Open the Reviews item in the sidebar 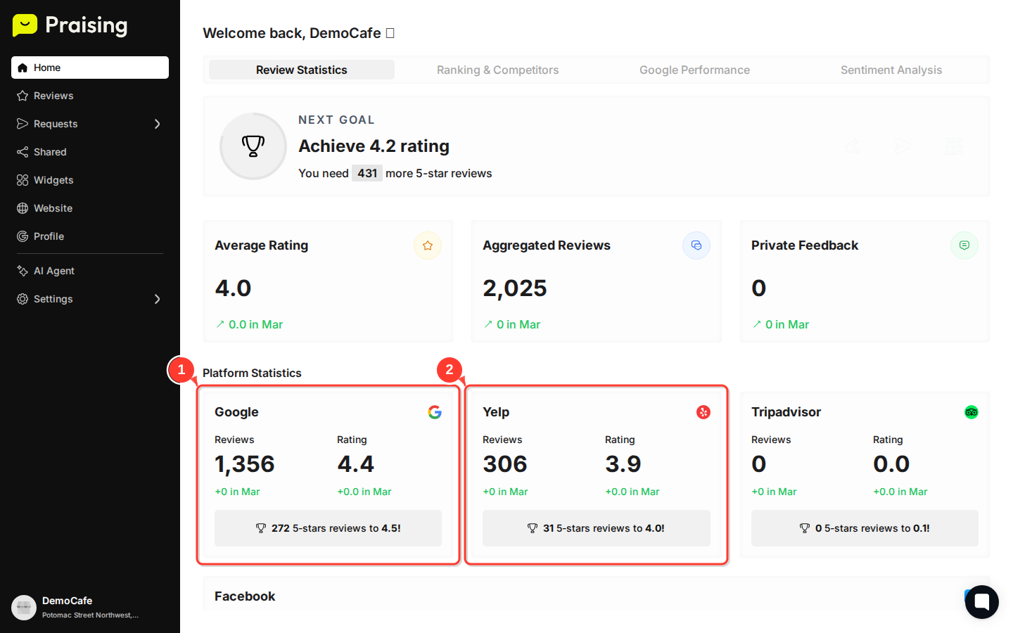click(x=53, y=96)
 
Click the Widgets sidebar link click(x=53, y=180)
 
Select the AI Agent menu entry click(x=53, y=271)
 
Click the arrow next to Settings click(x=157, y=299)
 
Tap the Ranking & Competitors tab click(x=497, y=70)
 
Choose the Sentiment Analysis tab click(x=891, y=70)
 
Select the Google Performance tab click(x=694, y=70)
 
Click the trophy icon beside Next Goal click(x=253, y=146)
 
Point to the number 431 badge click(x=367, y=173)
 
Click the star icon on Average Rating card click(x=428, y=245)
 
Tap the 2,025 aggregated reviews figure click(x=515, y=288)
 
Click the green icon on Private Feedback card click(x=964, y=245)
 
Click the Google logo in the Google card click(x=435, y=412)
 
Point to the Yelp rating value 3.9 click(x=623, y=464)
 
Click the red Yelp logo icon click(x=703, y=412)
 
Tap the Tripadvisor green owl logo click(x=971, y=412)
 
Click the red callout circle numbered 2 click(x=450, y=370)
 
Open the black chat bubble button click(x=982, y=602)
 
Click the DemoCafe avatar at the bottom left click(x=24, y=607)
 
